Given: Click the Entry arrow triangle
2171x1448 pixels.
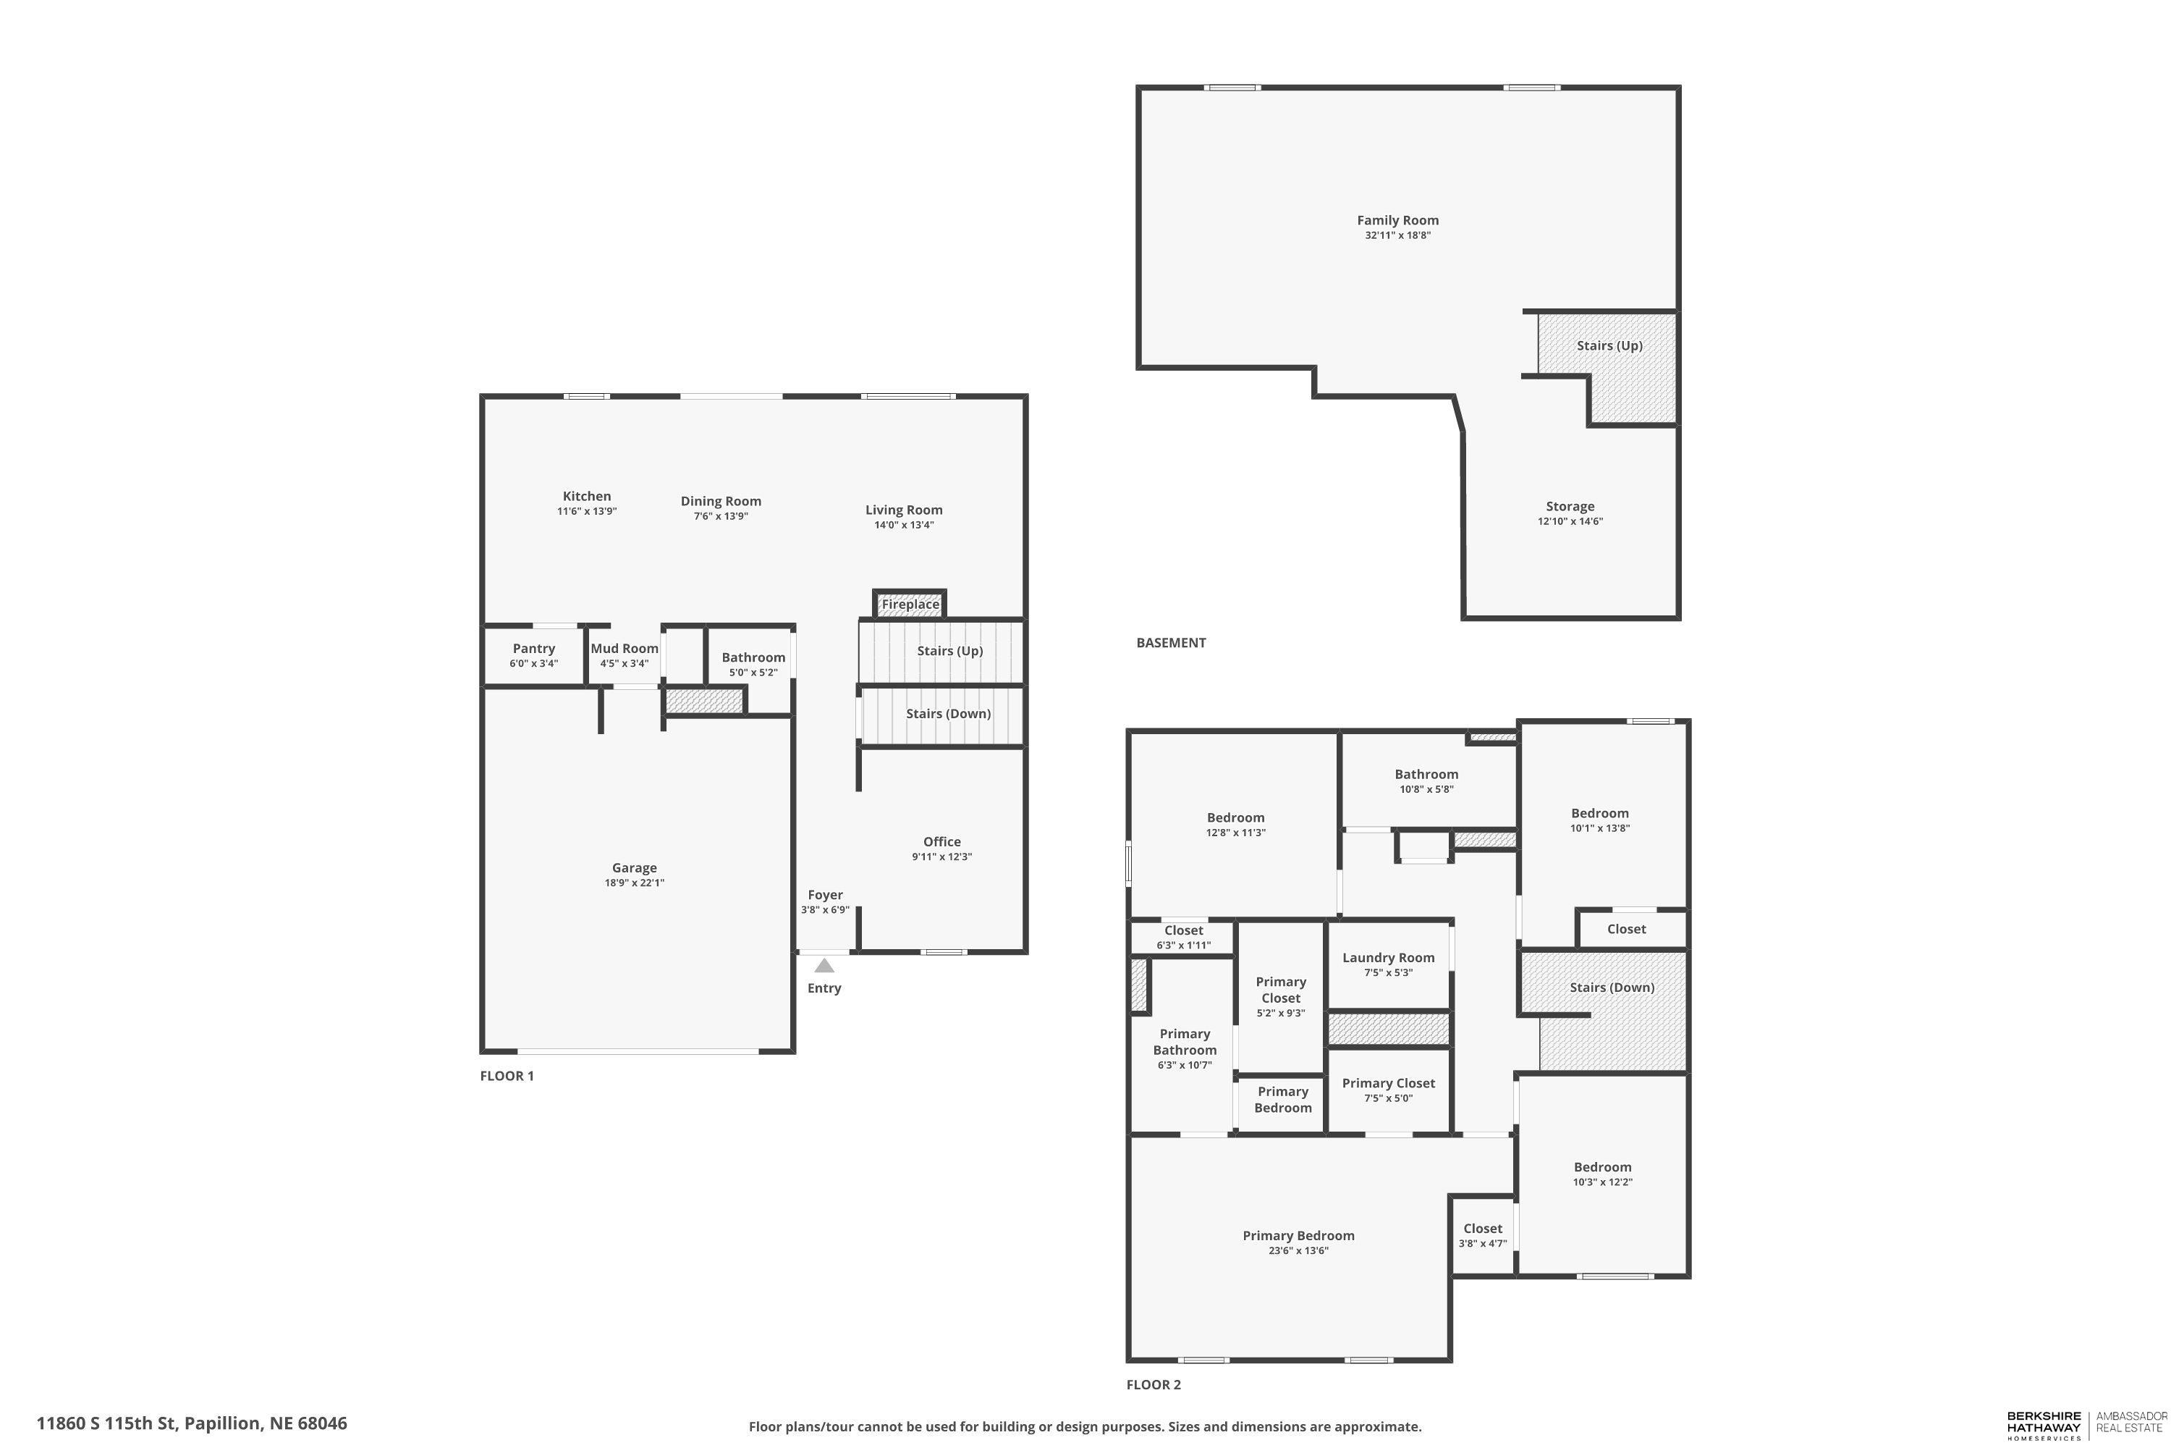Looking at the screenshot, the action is pos(824,965).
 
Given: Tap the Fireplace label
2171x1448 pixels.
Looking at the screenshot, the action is pos(910,604).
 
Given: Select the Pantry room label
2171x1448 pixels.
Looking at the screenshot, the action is pos(533,648).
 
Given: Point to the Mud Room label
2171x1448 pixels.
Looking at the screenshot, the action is pos(625,648).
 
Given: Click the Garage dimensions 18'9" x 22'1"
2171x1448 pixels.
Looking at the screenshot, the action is pos(634,883).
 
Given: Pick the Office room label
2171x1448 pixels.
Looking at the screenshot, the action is pos(941,841).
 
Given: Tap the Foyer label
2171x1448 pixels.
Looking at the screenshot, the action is pos(825,895).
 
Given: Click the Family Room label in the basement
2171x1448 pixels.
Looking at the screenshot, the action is pos(1397,220).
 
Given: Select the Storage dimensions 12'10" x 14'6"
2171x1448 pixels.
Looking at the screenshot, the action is pos(1570,521).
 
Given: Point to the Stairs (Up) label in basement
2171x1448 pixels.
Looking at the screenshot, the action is pos(1609,345).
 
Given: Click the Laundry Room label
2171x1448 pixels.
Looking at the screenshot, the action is pos(1388,958).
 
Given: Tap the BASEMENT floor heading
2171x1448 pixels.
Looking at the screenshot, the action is pos(1170,643).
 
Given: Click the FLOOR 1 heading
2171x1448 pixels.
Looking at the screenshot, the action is pos(507,1076).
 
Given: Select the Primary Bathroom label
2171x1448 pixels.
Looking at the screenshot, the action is pos(1184,1042).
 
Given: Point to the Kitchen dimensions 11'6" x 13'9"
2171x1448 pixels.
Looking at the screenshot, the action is pos(587,510).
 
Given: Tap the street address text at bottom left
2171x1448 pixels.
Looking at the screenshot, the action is pos(192,1423).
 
